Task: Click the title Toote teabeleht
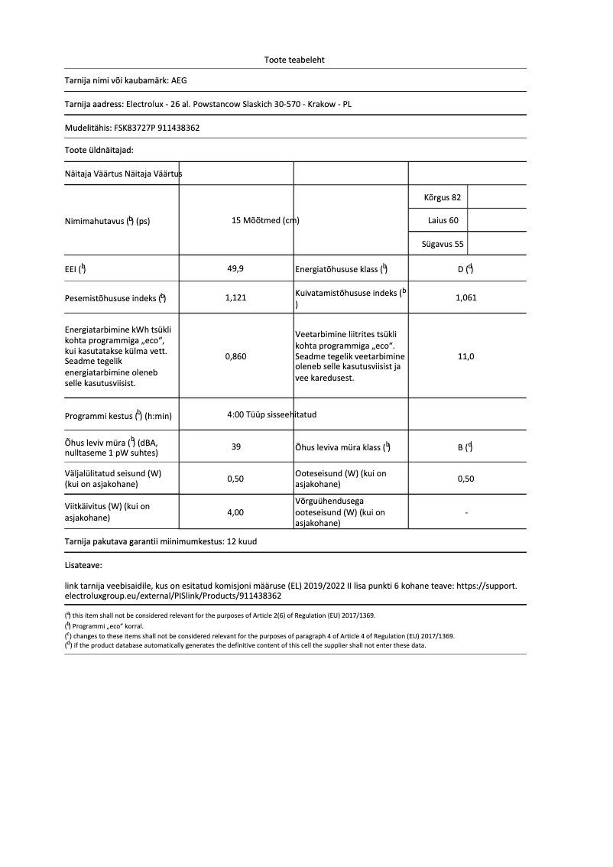294,60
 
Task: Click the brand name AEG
178,80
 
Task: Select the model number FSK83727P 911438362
156,128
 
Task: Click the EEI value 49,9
236,268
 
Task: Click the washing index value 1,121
236,298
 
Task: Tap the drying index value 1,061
465,298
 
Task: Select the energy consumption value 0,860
236,356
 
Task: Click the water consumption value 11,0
465,356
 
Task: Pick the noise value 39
236,447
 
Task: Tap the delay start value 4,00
236,512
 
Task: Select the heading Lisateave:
83,566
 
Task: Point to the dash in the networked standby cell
466,512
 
